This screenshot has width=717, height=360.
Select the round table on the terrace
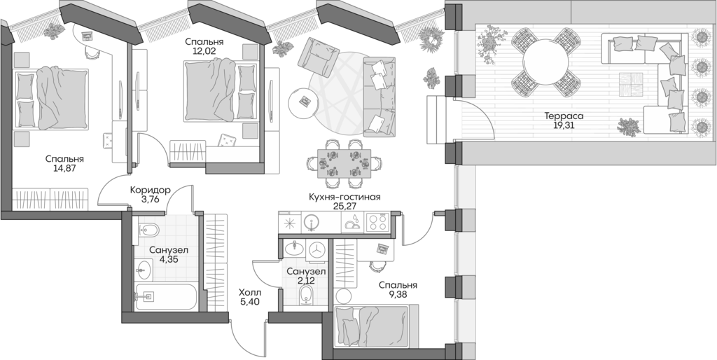click(544, 62)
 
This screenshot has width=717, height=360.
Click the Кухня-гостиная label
click(344, 197)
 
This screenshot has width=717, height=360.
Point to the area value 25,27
click(344, 207)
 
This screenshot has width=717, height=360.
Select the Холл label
click(249, 293)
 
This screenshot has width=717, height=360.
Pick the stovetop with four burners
click(377, 222)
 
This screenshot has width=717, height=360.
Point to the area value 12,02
click(200, 50)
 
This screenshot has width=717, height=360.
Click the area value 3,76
click(151, 200)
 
